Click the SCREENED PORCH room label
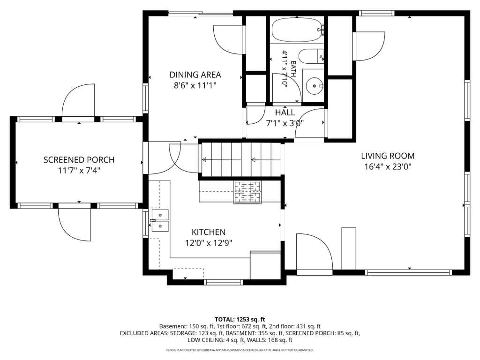point(79,160)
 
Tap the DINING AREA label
point(195,75)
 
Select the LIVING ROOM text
point(388,156)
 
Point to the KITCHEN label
point(209,232)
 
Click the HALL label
point(285,112)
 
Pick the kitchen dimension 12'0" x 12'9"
point(209,243)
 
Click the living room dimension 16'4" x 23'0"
point(388,167)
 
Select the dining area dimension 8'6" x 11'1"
point(195,85)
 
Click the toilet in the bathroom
point(311,56)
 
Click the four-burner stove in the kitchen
point(247,192)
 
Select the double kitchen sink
point(160,220)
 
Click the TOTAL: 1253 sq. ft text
point(240,320)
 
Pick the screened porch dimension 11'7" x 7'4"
point(79,171)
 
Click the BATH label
point(293,68)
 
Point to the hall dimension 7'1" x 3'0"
point(285,123)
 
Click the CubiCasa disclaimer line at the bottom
point(240,350)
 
